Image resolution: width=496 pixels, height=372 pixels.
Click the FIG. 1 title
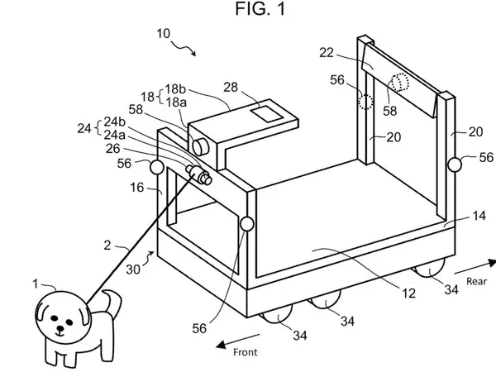[260, 8]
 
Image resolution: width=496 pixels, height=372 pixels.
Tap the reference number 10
[164, 33]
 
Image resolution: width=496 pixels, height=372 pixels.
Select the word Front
[246, 352]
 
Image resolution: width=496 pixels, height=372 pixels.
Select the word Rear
[476, 281]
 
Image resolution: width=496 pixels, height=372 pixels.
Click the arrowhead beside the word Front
[222, 345]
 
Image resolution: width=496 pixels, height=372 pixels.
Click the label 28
[231, 87]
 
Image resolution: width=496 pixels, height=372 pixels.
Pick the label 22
[327, 53]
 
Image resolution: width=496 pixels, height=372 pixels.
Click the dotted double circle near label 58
[400, 82]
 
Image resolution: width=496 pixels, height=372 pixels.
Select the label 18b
[175, 89]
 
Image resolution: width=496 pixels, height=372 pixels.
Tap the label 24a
[115, 135]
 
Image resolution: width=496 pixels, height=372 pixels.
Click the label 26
[113, 149]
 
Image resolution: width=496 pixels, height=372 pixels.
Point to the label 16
[137, 188]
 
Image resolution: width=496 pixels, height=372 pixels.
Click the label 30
[133, 269]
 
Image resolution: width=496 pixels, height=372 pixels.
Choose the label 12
[408, 293]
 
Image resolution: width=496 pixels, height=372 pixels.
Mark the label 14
[479, 216]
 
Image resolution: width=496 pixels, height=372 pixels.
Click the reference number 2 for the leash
[107, 246]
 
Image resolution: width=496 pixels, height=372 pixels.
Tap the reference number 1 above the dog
[36, 284]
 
